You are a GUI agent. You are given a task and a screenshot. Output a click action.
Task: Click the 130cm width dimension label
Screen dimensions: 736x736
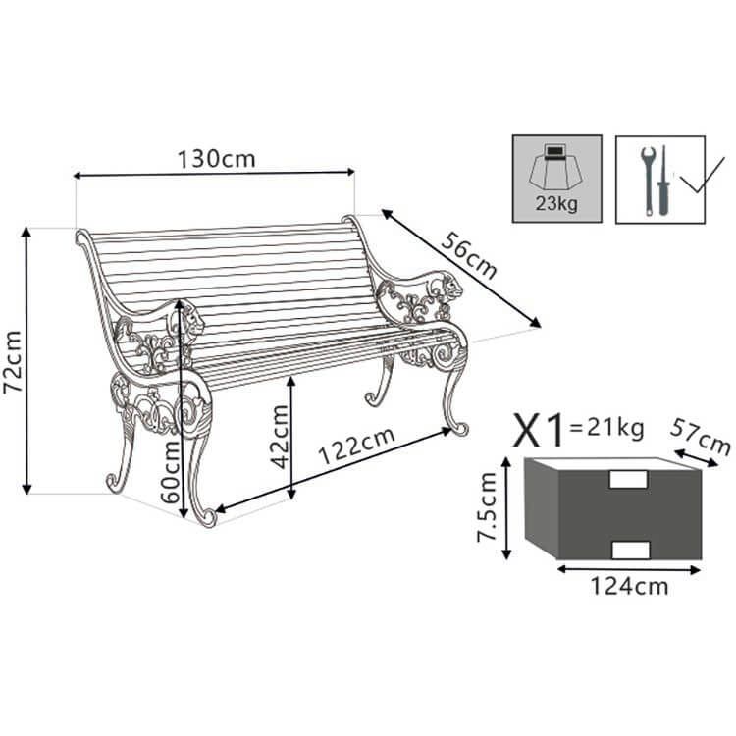click(216, 157)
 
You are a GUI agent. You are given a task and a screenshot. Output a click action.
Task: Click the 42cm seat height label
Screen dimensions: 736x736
click(279, 437)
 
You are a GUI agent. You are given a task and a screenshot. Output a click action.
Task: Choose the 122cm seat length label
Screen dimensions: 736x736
click(356, 447)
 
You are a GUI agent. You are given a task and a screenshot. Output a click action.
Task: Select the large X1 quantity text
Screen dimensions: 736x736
click(542, 429)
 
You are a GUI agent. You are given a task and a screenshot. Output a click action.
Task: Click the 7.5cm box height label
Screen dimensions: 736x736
click(485, 506)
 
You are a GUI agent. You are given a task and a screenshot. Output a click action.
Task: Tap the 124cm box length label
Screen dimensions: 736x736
click(629, 586)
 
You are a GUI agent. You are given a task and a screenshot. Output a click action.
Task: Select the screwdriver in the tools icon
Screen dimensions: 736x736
click(664, 182)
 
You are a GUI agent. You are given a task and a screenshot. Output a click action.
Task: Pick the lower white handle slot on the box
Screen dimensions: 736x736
click(628, 546)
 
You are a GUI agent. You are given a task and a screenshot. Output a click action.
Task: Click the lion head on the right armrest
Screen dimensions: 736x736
click(452, 289)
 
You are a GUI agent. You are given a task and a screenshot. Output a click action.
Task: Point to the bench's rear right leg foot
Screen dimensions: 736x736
click(375, 397)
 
